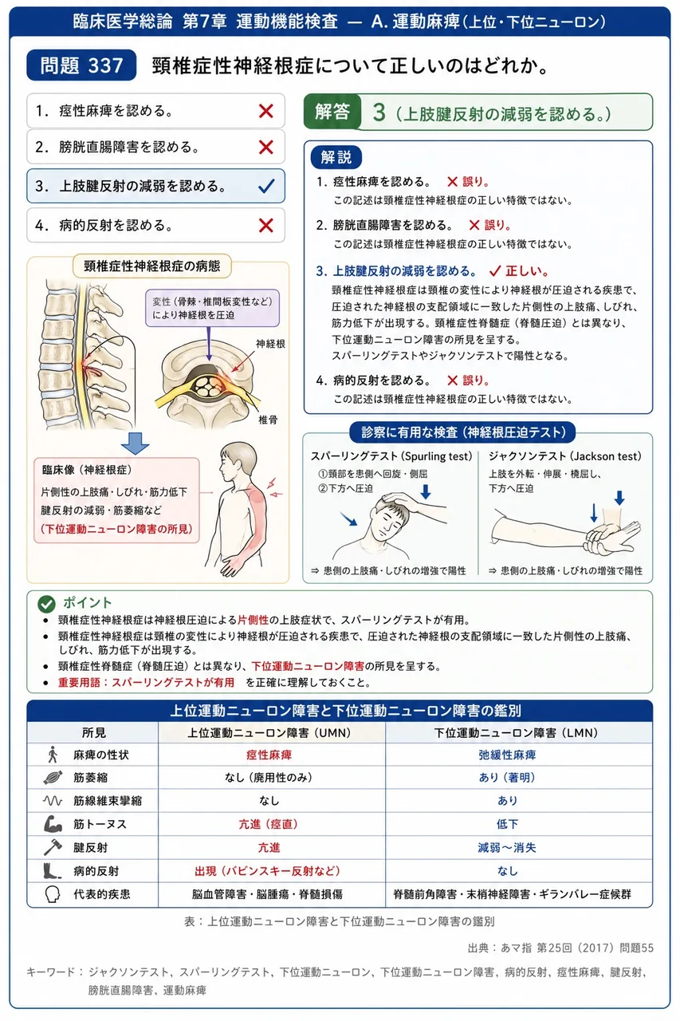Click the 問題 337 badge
[x=81, y=65]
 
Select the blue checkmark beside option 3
[x=266, y=186]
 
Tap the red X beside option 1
[x=266, y=111]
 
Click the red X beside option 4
[x=266, y=225]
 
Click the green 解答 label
[x=332, y=112]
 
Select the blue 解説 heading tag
[x=336, y=157]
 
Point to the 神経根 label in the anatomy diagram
[x=270, y=344]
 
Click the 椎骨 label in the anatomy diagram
[x=268, y=420]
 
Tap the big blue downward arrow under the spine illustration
[x=136, y=443]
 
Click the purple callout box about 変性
[x=212, y=308]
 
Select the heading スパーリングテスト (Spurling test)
[x=391, y=456]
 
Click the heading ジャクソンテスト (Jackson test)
[x=564, y=456]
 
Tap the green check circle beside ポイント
[x=46, y=604]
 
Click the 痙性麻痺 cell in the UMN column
[x=269, y=755]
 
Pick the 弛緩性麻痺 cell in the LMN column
[x=507, y=755]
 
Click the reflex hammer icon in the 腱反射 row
[x=53, y=847]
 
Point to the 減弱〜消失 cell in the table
[x=507, y=847]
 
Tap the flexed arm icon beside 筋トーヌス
[x=53, y=824]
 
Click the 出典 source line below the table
[x=560, y=948]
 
